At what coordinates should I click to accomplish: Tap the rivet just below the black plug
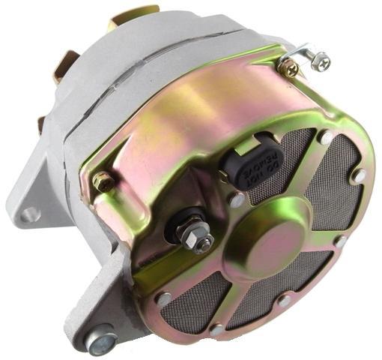pos(237,201)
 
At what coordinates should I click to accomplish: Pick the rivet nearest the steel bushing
pos(163,298)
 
